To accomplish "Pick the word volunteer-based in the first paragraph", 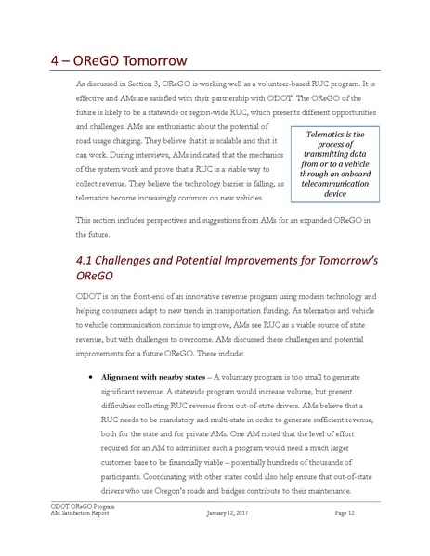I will click(240, 83).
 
